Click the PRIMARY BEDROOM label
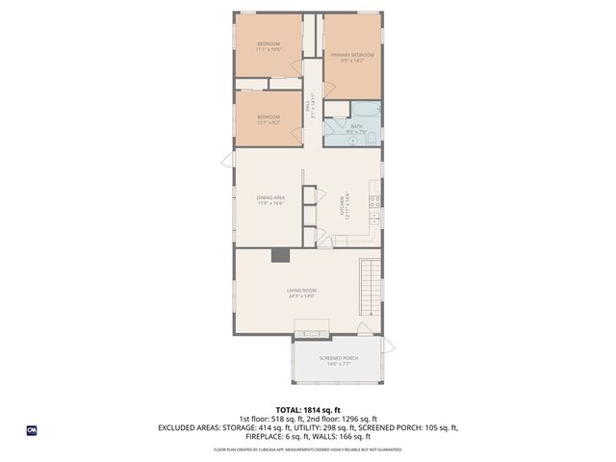351,55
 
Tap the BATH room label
356,125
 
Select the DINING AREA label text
270,197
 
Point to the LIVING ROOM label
301,290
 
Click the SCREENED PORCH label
337,359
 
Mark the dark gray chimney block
279,255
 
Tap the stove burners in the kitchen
375,201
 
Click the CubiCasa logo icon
31,431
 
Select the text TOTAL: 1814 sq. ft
308,408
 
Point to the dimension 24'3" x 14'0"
301,296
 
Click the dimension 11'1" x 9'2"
269,123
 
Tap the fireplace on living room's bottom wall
311,333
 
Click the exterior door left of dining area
228,158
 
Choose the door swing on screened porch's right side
387,345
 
